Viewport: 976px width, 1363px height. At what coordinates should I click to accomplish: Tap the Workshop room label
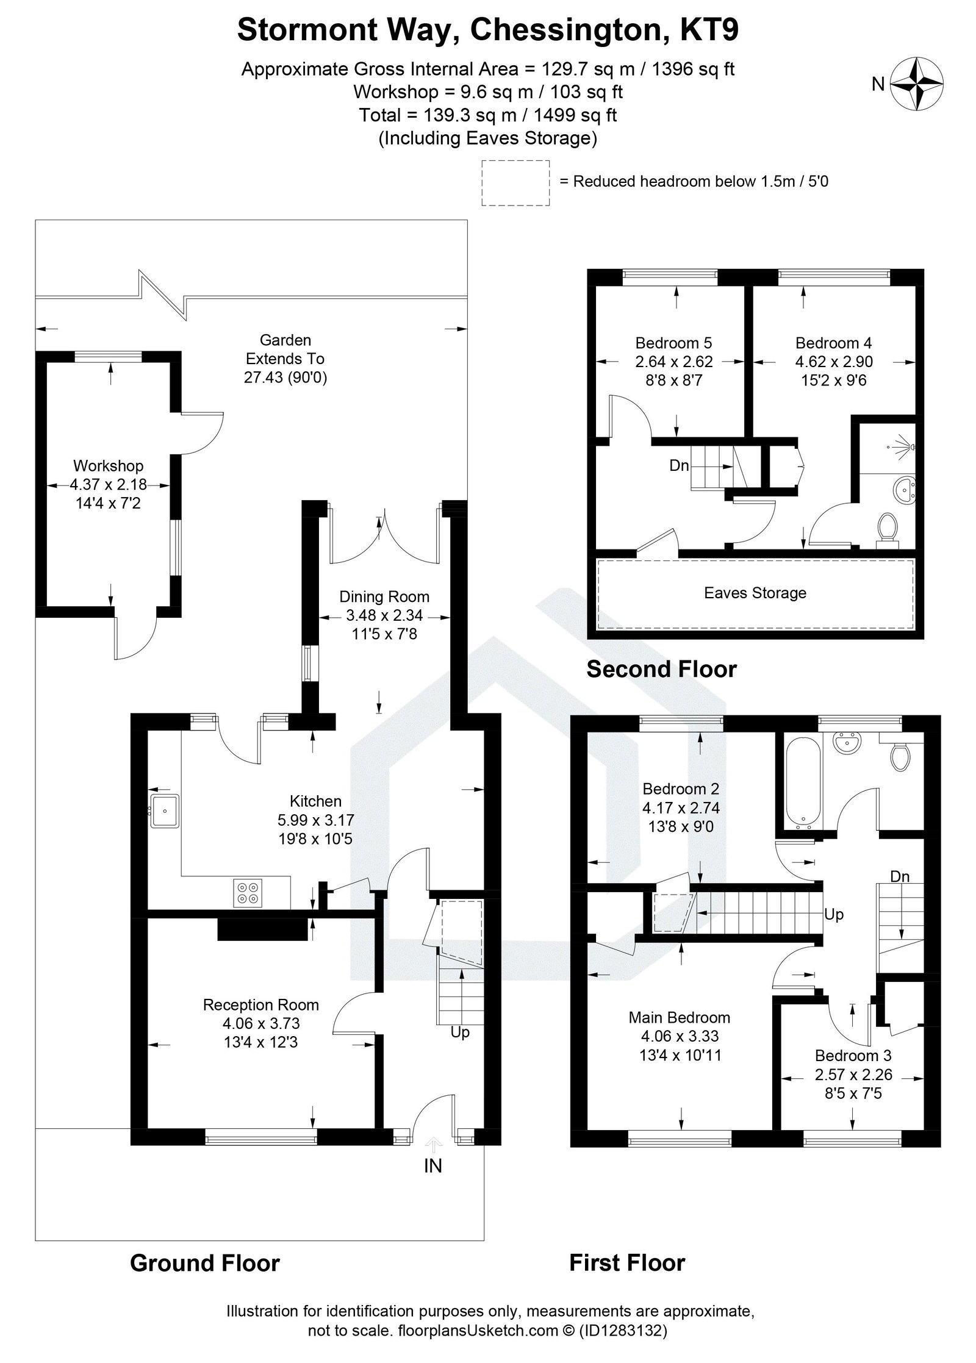coord(108,466)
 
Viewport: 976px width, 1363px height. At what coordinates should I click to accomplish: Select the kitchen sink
coord(164,810)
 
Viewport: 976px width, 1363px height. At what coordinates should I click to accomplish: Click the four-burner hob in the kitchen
coord(248,893)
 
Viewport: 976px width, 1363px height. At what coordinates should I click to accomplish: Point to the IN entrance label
coord(432,1165)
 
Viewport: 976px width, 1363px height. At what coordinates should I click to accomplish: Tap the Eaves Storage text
coord(755,593)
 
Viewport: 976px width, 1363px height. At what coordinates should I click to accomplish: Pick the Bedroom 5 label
coord(673,343)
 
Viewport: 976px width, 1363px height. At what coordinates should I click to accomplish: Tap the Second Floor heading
coord(661,669)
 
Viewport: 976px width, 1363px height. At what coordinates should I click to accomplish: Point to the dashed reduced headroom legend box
coord(515,182)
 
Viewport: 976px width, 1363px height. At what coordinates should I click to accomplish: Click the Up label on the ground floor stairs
coord(460,1032)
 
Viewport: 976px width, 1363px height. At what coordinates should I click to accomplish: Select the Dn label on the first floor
coord(900,876)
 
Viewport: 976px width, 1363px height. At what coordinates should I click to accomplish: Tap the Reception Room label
coord(260,1004)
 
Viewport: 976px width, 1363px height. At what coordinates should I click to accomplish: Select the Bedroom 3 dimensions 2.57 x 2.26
coord(853,1074)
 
